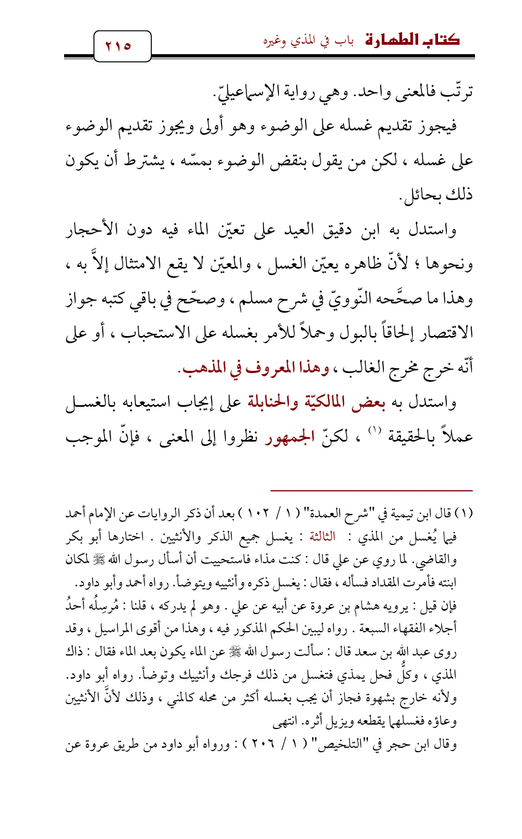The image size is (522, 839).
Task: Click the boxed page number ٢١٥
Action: pos(122,46)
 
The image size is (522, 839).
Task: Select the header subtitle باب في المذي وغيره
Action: pos(308,41)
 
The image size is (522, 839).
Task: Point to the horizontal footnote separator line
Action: pos(372,490)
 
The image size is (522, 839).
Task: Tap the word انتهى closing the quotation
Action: pos(285,721)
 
